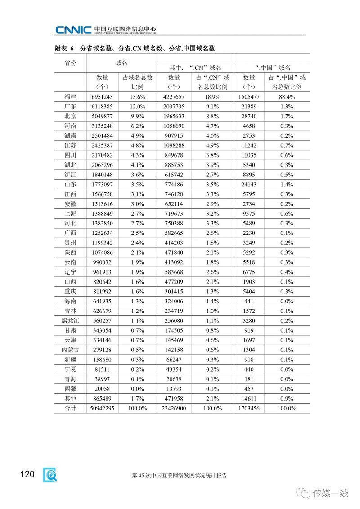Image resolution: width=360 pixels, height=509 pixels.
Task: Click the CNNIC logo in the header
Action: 73,30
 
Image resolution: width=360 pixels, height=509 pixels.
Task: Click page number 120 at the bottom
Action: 27,474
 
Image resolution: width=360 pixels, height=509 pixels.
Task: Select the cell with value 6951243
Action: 102,97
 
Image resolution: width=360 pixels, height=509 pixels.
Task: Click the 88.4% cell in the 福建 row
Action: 284,97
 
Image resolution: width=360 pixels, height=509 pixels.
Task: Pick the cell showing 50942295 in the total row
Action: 102,408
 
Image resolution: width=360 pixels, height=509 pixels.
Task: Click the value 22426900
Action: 173,408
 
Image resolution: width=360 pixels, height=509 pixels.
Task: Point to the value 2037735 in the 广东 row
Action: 173,107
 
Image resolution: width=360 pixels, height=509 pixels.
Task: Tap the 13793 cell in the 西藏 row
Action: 173,388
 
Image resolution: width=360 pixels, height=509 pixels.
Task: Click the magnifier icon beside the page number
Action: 49,475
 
